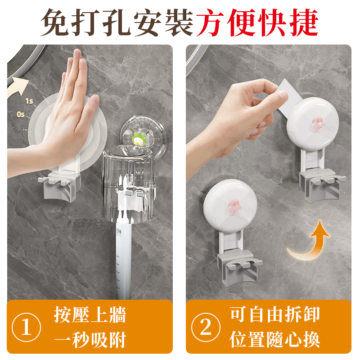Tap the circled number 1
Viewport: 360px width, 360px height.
(x=26, y=327)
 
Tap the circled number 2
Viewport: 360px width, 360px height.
(x=206, y=327)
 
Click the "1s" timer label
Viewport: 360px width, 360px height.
(x=29, y=101)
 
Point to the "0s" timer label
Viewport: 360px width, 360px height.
(x=20, y=114)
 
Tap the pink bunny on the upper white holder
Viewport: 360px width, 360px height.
(x=317, y=124)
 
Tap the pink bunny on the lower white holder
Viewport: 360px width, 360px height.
(x=234, y=206)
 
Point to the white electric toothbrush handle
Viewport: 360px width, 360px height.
(x=123, y=257)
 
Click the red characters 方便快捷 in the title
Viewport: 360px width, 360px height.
(x=257, y=22)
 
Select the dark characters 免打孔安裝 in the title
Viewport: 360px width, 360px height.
(x=117, y=22)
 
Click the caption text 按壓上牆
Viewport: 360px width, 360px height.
(x=90, y=315)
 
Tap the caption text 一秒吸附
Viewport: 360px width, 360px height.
(x=90, y=340)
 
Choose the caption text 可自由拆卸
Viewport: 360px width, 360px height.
(x=274, y=314)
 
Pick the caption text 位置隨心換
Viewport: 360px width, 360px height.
(x=274, y=339)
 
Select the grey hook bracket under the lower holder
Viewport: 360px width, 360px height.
(x=239, y=267)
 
